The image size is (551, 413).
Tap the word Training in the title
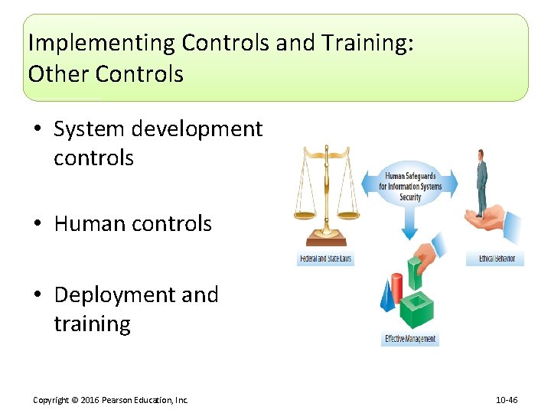pyautogui.click(x=360, y=43)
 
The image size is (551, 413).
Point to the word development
pyautogui.click(x=197, y=129)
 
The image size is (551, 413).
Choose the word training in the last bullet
pyautogui.click(x=92, y=324)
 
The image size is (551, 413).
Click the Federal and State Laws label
pyautogui.click(x=325, y=259)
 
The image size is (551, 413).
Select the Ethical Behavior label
pyautogui.click(x=495, y=259)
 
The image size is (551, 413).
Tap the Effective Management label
pyautogui.click(x=410, y=339)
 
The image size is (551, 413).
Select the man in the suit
pyautogui.click(x=481, y=184)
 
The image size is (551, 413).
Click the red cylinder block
pyautogui.click(x=396, y=286)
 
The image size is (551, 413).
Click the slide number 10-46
pyautogui.click(x=507, y=400)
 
